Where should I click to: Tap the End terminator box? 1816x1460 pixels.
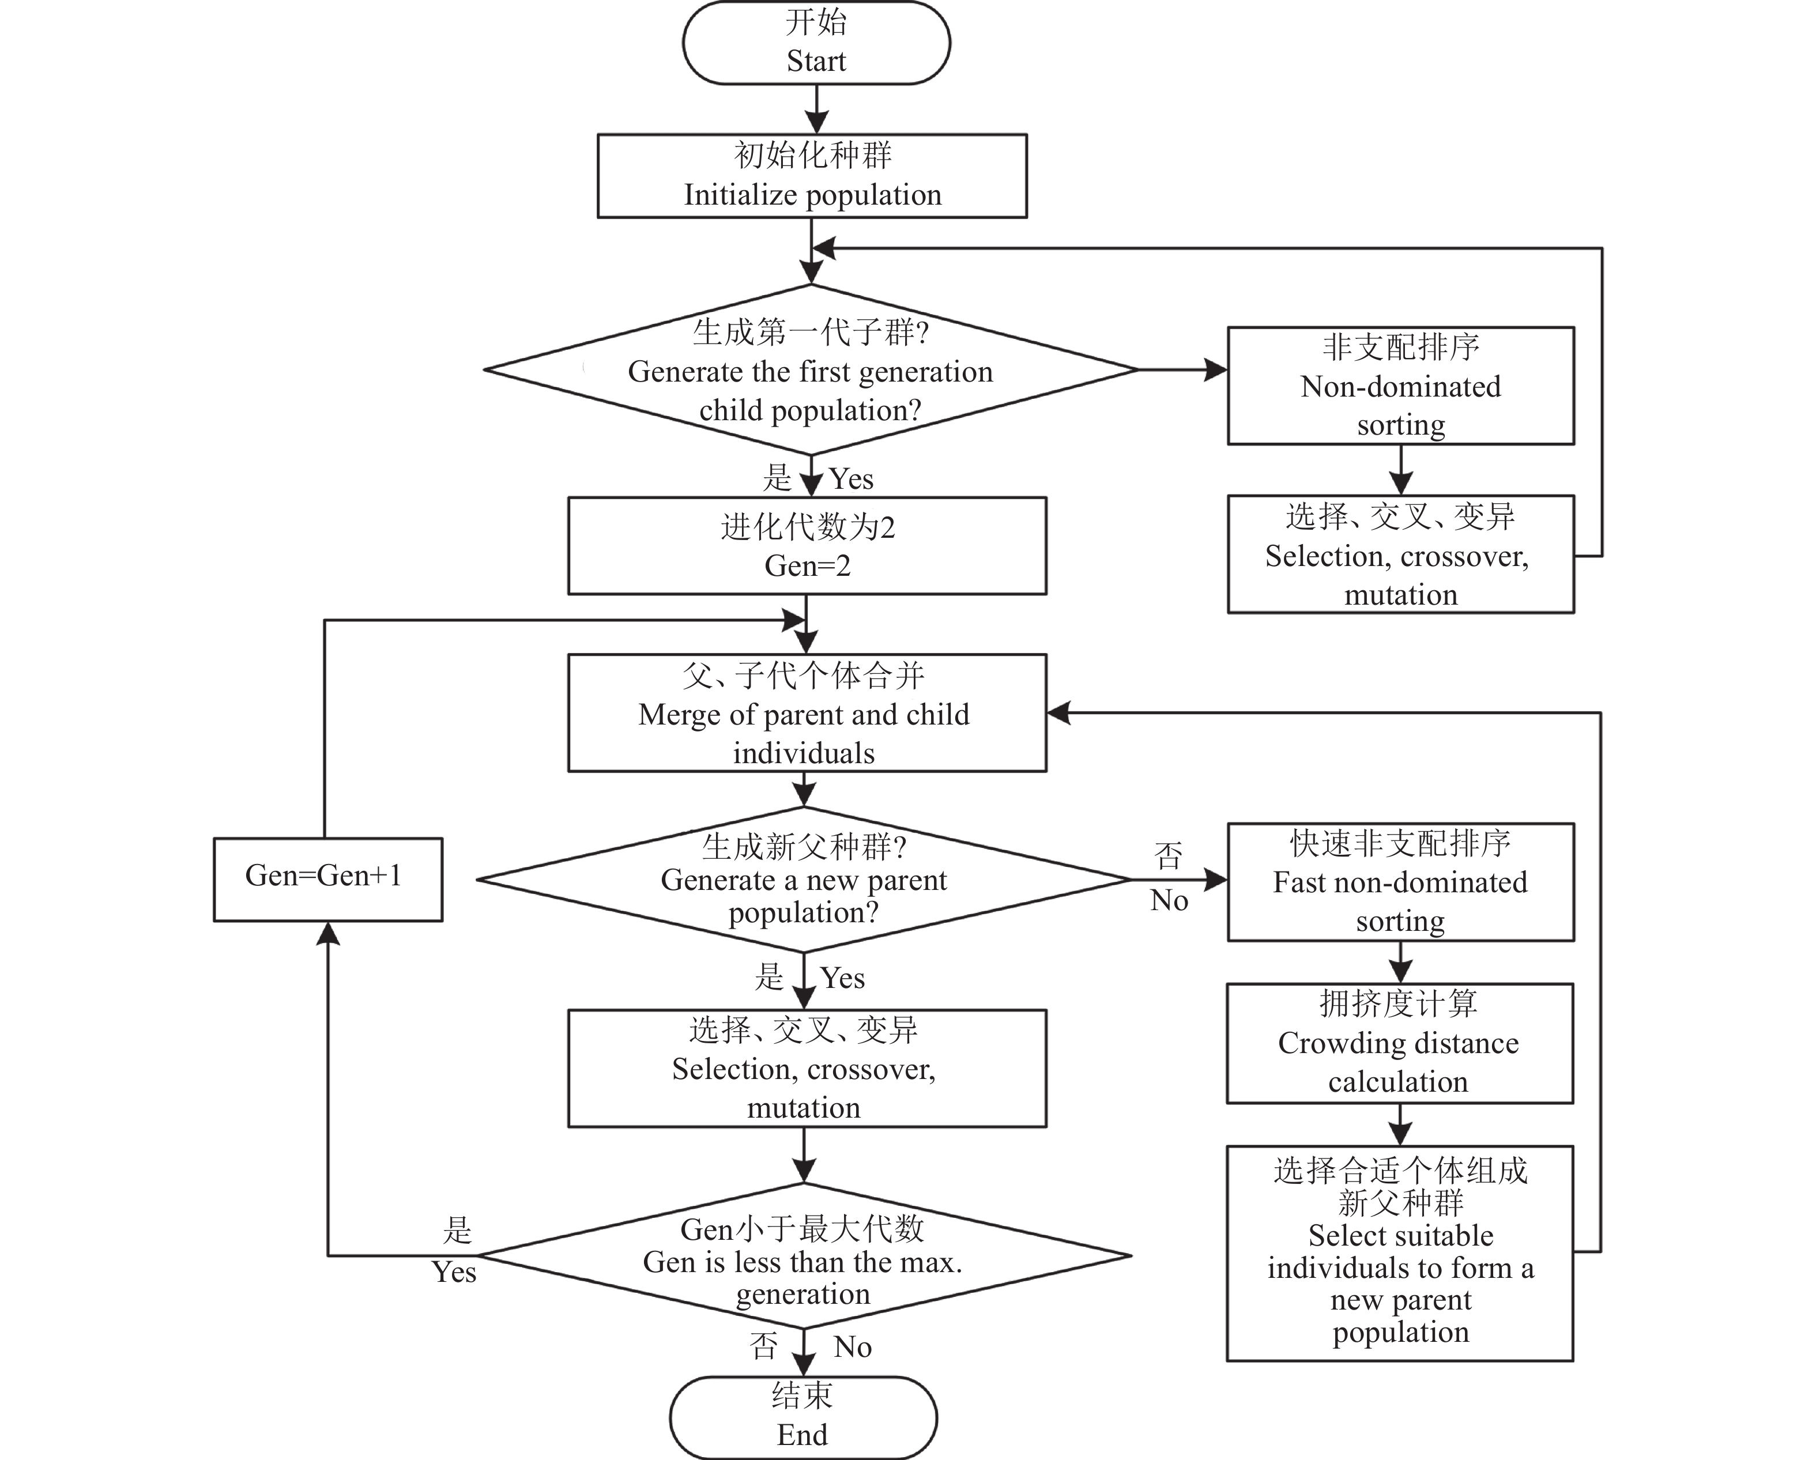click(x=802, y=1417)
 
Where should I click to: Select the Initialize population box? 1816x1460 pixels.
click(x=812, y=176)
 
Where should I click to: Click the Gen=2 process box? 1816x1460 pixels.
click(x=807, y=546)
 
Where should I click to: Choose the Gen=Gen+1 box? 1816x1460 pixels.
click(x=327, y=878)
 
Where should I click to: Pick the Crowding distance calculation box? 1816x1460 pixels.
click(x=1399, y=1043)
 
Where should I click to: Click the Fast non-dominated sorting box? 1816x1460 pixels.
click(x=1400, y=881)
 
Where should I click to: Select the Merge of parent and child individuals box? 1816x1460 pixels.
click(x=807, y=712)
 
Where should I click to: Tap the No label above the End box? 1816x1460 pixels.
click(x=853, y=1347)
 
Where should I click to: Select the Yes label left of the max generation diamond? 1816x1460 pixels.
click(x=454, y=1272)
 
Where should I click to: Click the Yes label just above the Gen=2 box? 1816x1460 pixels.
click(x=852, y=479)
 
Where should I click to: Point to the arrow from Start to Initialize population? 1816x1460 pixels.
click(x=816, y=110)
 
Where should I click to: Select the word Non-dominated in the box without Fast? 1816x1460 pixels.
click(x=1400, y=386)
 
